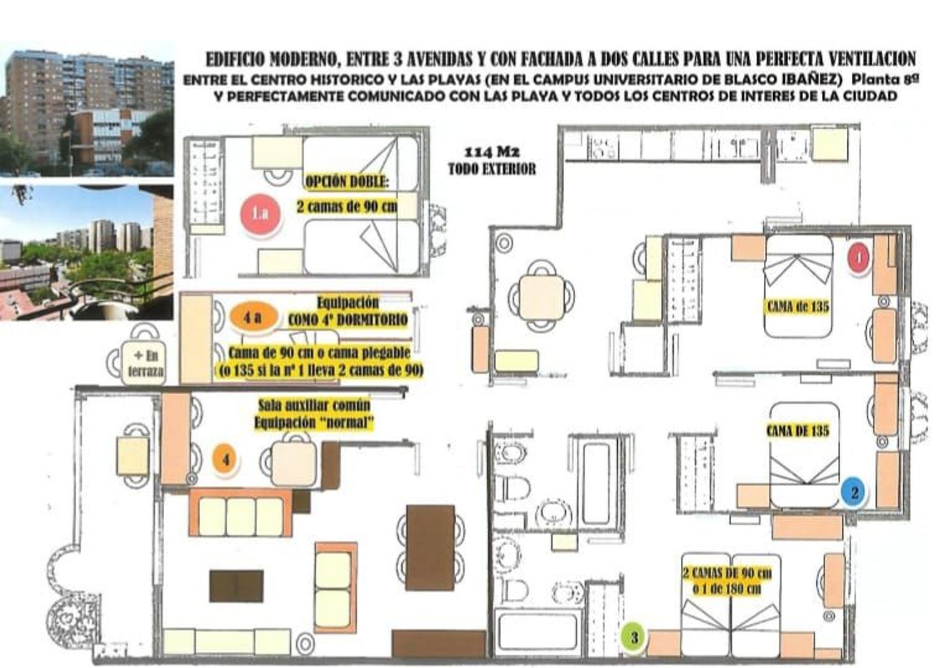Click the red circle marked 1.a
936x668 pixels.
coord(260,215)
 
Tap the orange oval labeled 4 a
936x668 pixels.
coord(253,318)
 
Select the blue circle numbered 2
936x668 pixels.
coord(854,493)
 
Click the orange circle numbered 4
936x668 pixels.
coord(226,460)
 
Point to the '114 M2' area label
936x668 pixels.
coord(492,151)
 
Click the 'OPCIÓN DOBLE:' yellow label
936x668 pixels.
coord(347,182)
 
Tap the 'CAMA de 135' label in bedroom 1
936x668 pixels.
coord(797,307)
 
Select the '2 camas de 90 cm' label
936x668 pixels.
coord(347,206)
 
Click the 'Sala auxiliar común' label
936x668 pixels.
coord(314,405)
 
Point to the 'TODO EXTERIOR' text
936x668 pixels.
coord(492,169)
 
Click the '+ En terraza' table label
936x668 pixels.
coord(145,364)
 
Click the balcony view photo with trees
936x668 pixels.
coord(87,253)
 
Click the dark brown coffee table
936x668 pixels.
coord(236,586)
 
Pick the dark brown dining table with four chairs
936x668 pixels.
coord(431,548)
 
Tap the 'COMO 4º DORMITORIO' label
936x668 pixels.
coord(347,320)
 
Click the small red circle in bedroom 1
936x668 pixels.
coord(858,258)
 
